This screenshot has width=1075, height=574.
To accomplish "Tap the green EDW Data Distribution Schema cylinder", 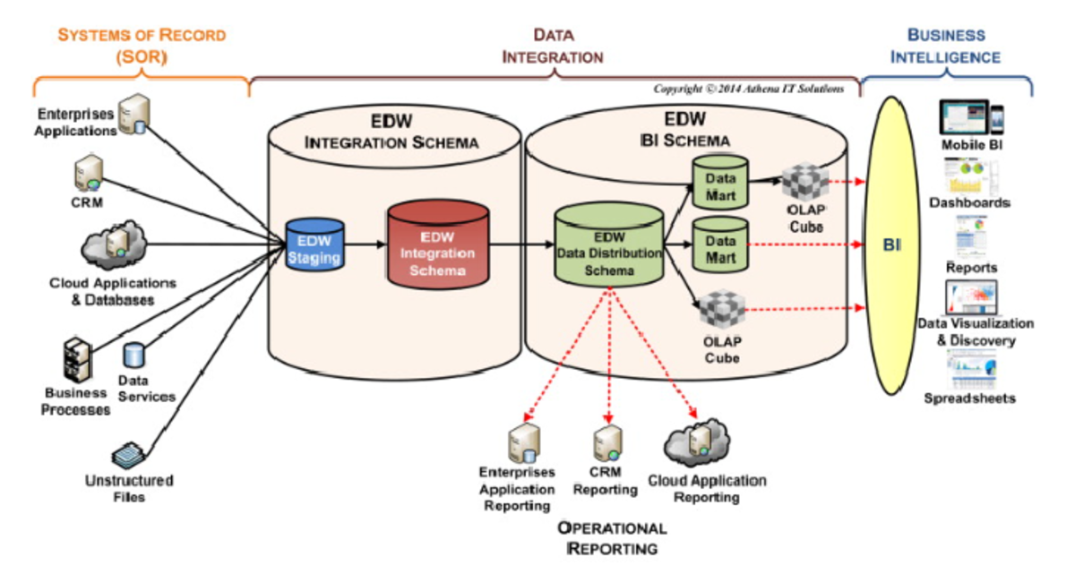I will click(607, 246).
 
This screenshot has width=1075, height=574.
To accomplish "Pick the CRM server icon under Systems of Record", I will click(89, 173).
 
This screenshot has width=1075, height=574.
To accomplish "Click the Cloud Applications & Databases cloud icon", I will click(112, 244).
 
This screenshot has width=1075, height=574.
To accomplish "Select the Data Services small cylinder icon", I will click(135, 357).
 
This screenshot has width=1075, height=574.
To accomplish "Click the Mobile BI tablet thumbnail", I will click(970, 117).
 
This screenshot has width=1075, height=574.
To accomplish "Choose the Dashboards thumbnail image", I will click(969, 176).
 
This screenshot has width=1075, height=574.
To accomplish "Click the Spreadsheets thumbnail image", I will click(969, 368).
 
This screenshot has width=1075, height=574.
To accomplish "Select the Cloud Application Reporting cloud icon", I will click(692, 443).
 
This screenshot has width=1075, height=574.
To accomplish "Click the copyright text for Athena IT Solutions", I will click(747, 89).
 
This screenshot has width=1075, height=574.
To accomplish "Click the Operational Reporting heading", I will click(612, 537).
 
